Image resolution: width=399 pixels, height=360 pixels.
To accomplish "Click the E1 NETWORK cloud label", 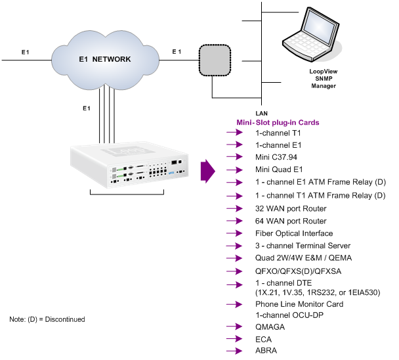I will [103, 60].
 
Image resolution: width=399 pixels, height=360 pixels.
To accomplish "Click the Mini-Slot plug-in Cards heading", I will [278, 122].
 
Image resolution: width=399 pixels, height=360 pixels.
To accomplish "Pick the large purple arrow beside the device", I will [207, 170].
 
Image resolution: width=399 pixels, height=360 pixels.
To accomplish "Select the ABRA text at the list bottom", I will [266, 350].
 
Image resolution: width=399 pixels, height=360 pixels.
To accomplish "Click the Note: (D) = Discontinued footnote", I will [47, 319].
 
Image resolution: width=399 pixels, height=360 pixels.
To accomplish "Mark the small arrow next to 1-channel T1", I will [235, 133].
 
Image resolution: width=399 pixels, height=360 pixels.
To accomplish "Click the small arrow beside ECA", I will [235, 338].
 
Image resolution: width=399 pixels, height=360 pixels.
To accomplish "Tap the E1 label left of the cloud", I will [25, 51].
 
